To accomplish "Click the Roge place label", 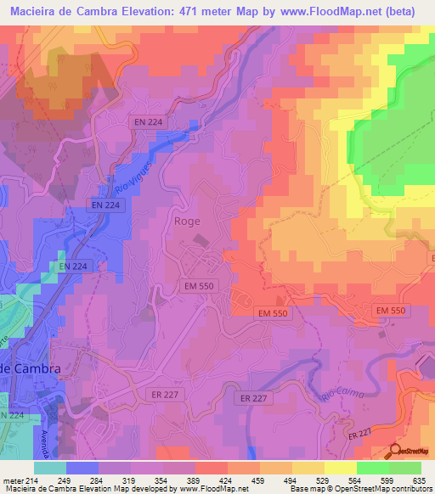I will [x=187, y=221].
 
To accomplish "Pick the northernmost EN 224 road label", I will [x=149, y=122].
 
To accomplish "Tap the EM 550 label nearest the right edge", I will [x=391, y=312].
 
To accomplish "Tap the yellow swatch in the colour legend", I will [x=340, y=468].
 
